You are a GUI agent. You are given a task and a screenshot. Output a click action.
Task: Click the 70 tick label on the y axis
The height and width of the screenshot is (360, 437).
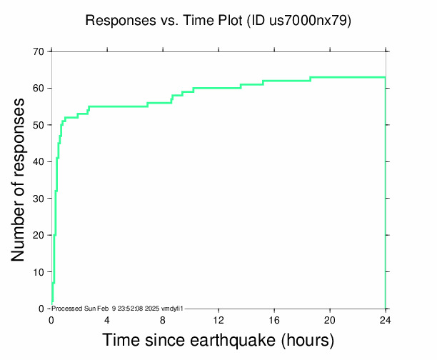pyautogui.click(x=36, y=51)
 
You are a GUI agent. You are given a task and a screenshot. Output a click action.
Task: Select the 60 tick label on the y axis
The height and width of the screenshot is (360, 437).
pyautogui.click(x=36, y=88)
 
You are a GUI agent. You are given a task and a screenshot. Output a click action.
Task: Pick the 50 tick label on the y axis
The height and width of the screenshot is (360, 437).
pyautogui.click(x=36, y=125)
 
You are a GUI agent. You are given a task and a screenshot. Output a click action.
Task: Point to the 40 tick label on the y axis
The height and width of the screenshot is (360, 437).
pyautogui.click(x=36, y=161)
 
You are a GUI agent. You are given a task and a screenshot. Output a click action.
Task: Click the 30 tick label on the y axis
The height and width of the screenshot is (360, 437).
pyautogui.click(x=36, y=199)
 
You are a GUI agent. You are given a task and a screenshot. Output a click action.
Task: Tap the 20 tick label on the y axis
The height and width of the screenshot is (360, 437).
pyautogui.click(x=36, y=235)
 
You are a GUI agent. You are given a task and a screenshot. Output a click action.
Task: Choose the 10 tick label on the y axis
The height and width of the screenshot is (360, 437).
pyautogui.click(x=36, y=272)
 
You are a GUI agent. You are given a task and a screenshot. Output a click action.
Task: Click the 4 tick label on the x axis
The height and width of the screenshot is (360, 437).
pyautogui.click(x=107, y=319)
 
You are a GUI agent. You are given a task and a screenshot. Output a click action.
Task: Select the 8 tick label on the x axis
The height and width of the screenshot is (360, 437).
pyautogui.click(x=163, y=319)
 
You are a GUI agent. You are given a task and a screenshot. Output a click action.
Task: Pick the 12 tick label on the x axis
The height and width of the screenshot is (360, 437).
pyautogui.click(x=218, y=319)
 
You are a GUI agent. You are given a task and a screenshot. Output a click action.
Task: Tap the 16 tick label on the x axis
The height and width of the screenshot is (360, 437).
pyautogui.click(x=274, y=319)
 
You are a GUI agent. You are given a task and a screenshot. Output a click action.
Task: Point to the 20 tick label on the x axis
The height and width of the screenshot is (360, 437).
pyautogui.click(x=330, y=319)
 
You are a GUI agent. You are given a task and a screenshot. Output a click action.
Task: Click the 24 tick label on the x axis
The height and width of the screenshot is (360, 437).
pyautogui.click(x=386, y=319)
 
